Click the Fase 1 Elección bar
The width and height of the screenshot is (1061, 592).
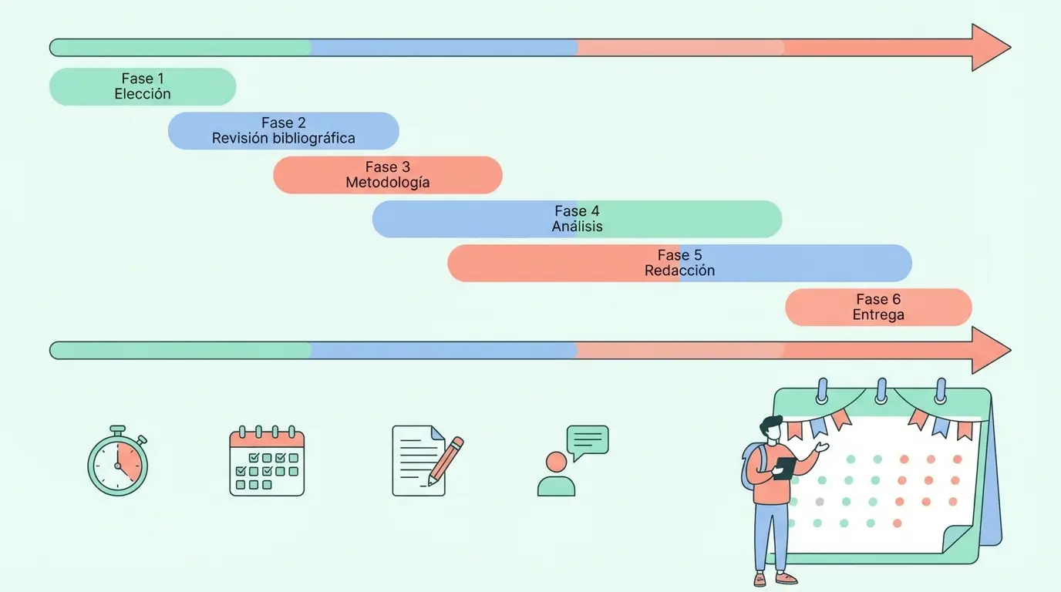[143, 86]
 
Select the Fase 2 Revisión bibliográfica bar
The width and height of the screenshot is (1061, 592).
[283, 130]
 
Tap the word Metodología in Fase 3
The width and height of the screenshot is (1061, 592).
[387, 183]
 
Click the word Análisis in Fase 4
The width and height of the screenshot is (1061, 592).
[577, 227]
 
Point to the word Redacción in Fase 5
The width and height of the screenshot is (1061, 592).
[679, 271]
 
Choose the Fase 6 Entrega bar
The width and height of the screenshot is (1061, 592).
[878, 307]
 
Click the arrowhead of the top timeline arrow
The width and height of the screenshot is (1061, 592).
[989, 48]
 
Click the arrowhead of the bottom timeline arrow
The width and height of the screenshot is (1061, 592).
[989, 350]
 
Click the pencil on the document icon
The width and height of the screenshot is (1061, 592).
[446, 460]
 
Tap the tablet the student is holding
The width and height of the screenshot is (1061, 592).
[784, 467]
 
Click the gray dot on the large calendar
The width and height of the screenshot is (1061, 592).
[819, 502]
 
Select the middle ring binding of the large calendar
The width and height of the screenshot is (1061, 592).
[881, 391]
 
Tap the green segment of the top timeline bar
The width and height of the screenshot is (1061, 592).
[181, 48]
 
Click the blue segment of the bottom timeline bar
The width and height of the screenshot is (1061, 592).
[443, 350]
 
